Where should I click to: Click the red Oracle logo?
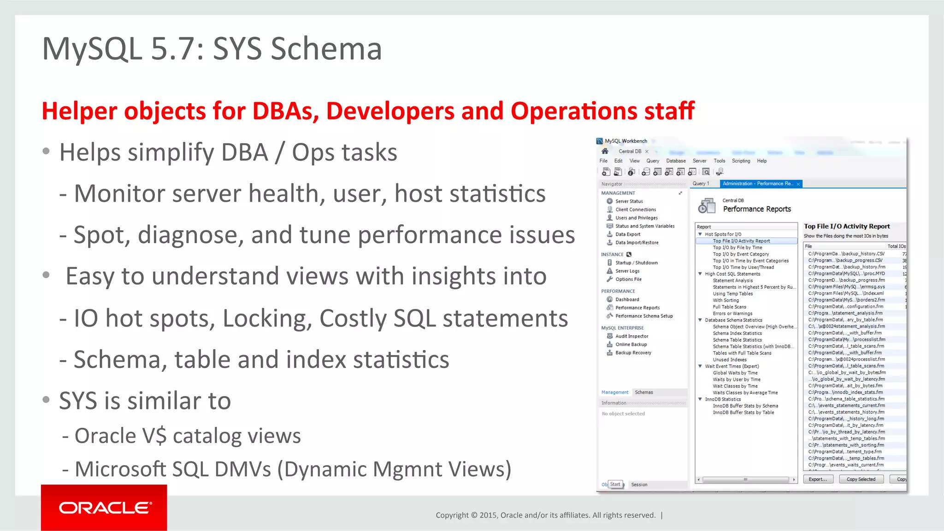[x=104, y=508]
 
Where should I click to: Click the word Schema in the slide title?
[x=326, y=49]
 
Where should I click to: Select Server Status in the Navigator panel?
[x=629, y=201]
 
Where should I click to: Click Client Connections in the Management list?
[x=635, y=210]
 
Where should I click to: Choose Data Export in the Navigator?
[x=627, y=234]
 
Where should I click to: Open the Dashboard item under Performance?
[x=627, y=299]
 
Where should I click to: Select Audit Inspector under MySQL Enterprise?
[x=631, y=336]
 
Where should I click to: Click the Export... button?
[x=818, y=479]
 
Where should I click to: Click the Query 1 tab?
[x=701, y=184]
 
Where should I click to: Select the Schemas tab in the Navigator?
[x=643, y=392]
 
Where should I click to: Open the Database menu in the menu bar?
[x=676, y=161]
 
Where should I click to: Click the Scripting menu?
[x=741, y=161]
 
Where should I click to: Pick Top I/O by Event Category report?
[x=741, y=254]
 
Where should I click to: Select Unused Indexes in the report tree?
[x=730, y=360]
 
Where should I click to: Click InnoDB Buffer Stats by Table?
[x=743, y=413]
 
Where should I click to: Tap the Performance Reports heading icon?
[x=706, y=206]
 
